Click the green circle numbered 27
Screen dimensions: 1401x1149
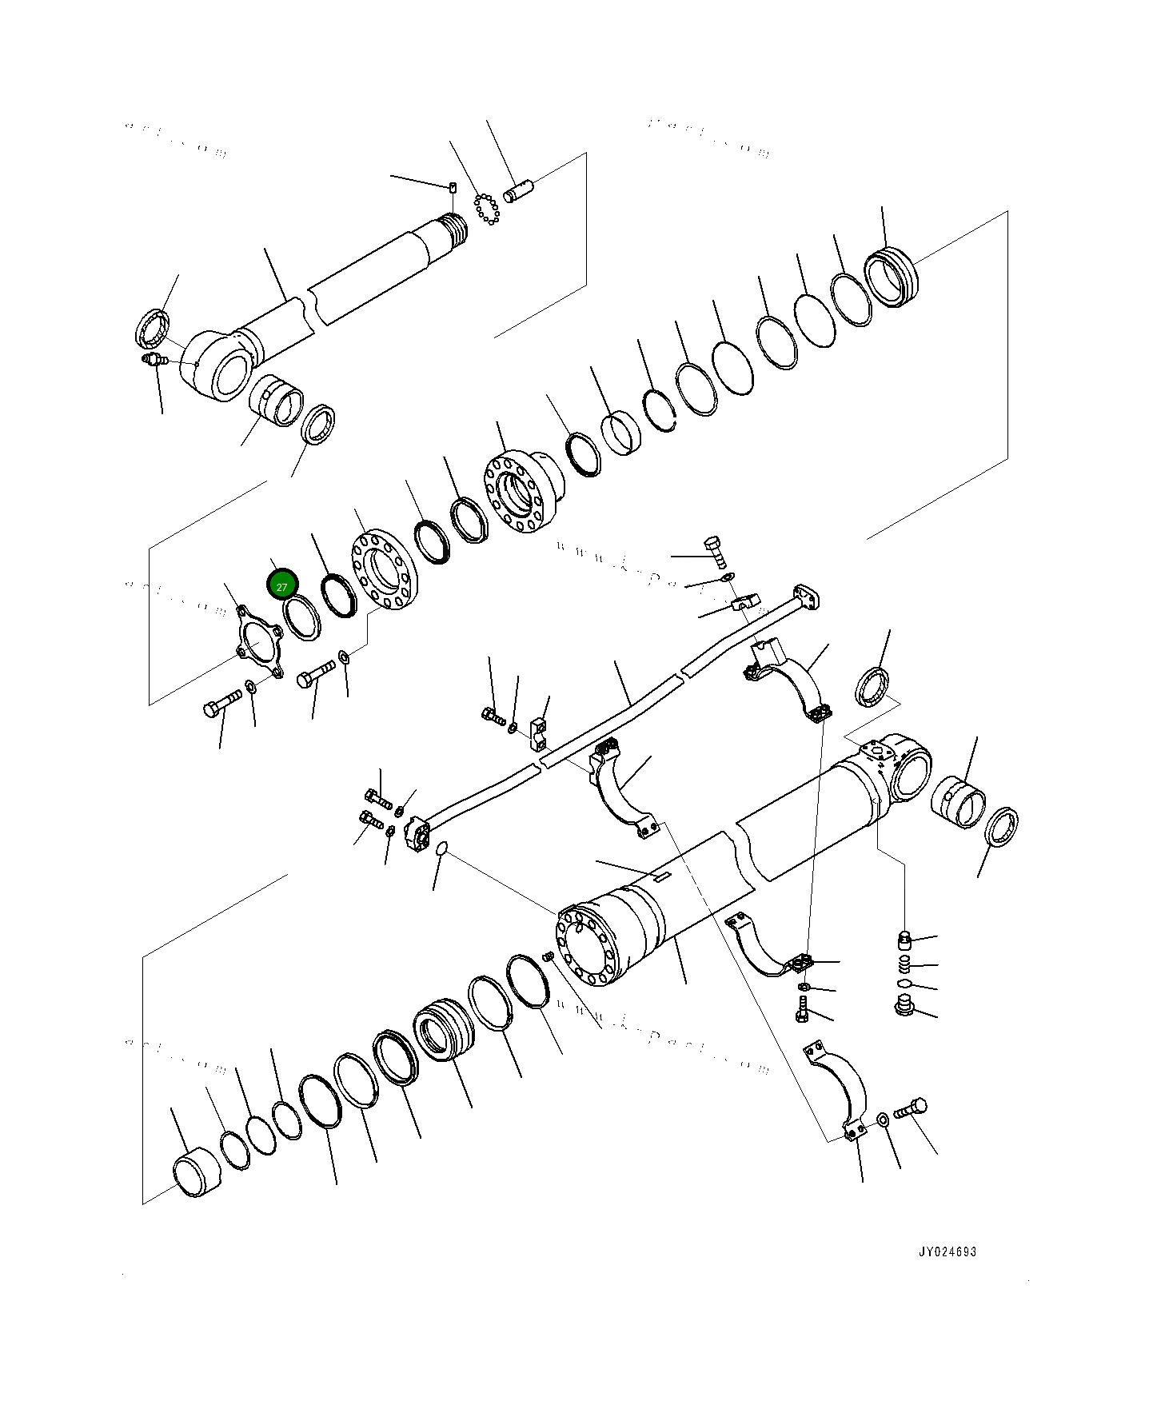pos(281,586)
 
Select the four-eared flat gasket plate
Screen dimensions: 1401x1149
pos(258,643)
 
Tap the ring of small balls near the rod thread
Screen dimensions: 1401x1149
pos(485,210)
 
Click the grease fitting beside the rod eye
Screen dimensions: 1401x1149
pos(151,360)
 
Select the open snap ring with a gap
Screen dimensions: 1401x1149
pos(661,411)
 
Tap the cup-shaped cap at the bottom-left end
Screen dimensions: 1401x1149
pos(196,1173)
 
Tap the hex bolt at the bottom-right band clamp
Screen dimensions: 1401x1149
pos(909,1110)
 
